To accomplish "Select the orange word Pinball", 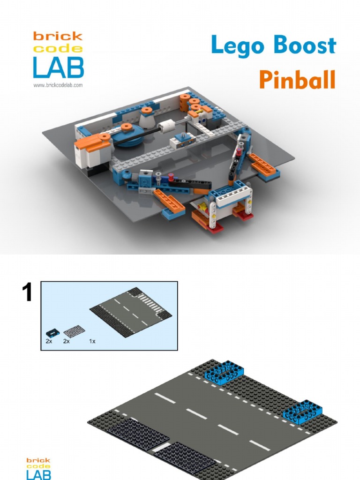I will click(297, 80).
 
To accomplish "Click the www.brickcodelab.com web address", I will click(58, 85).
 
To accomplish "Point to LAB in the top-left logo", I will click(58, 67).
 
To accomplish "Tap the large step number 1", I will click(28, 293).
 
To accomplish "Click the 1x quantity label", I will click(92, 341).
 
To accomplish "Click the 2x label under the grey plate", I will click(67, 341).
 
